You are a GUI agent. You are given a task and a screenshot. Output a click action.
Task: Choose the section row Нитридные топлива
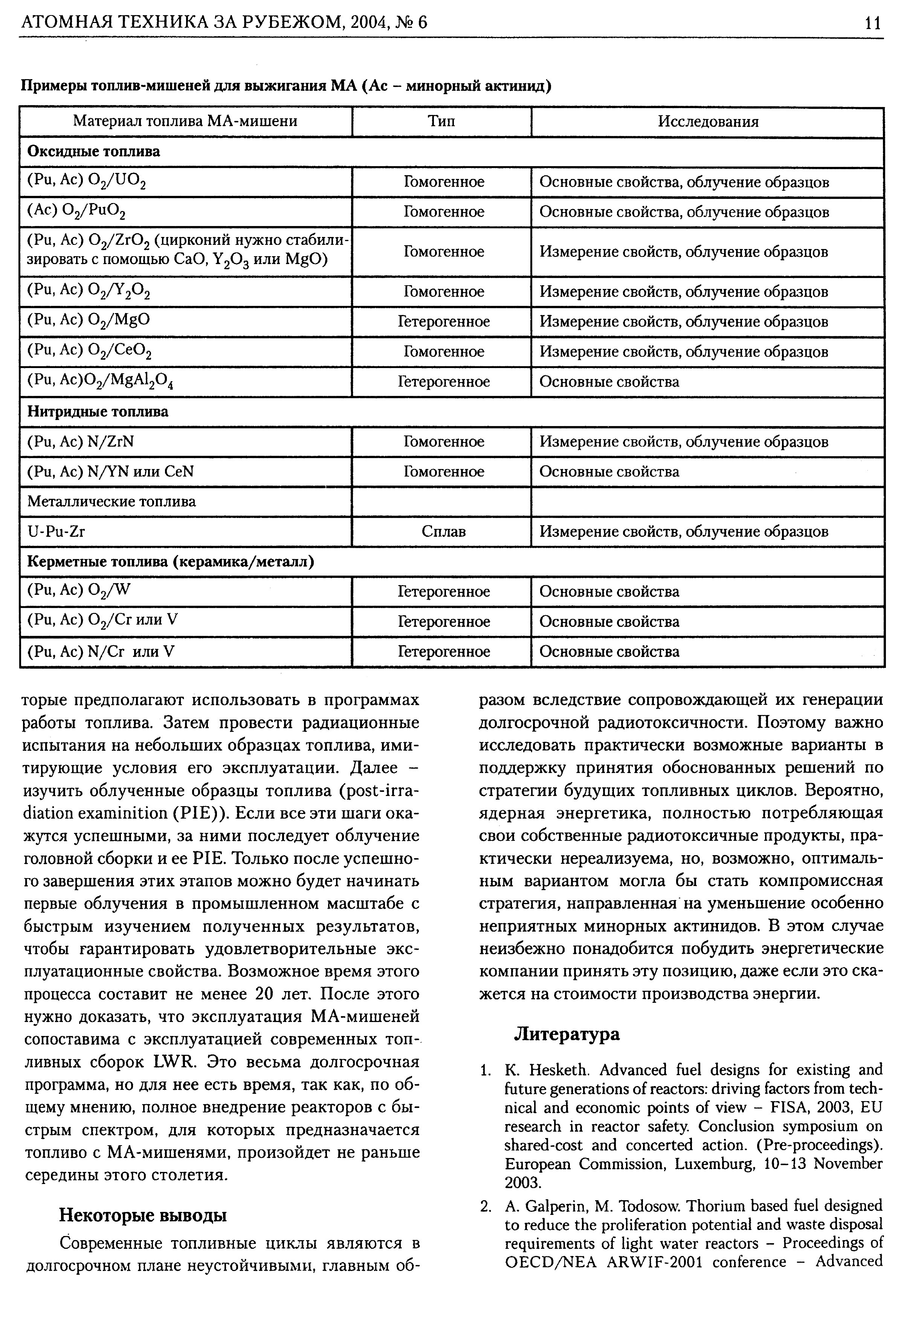[98, 412]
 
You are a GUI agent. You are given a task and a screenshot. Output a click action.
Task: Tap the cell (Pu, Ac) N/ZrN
[81, 442]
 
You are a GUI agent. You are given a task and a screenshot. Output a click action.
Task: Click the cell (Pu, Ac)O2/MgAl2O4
[100, 382]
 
